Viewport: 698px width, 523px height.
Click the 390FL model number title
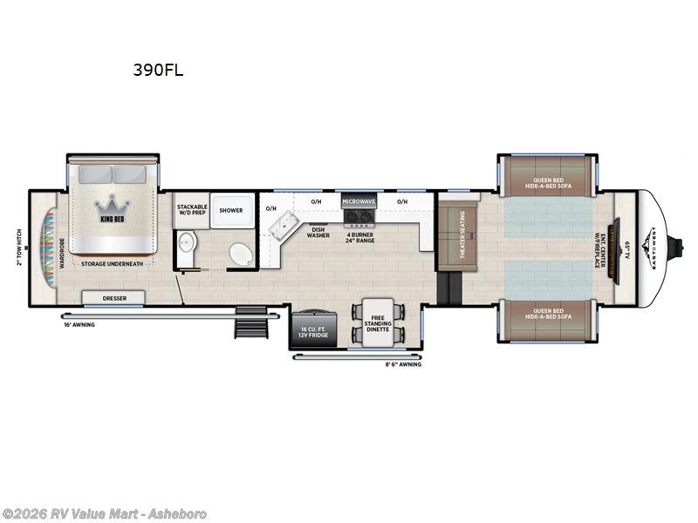tap(158, 71)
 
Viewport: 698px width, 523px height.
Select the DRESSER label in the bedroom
tap(113, 298)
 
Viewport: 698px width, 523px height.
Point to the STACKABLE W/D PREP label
tap(191, 210)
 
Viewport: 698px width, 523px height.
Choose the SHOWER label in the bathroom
tap(231, 210)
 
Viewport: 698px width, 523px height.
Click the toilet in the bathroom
tap(187, 248)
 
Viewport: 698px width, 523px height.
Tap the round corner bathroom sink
tap(240, 255)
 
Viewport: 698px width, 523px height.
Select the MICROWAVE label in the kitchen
tap(358, 201)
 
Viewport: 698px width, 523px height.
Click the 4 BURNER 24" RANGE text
tap(359, 236)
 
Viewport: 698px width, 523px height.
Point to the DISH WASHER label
tap(318, 233)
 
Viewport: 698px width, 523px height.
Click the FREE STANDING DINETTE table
tap(377, 323)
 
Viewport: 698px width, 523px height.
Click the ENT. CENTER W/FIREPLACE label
tap(600, 248)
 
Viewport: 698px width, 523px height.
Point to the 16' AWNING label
tap(79, 324)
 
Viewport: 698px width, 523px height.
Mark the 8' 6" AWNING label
tap(404, 364)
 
